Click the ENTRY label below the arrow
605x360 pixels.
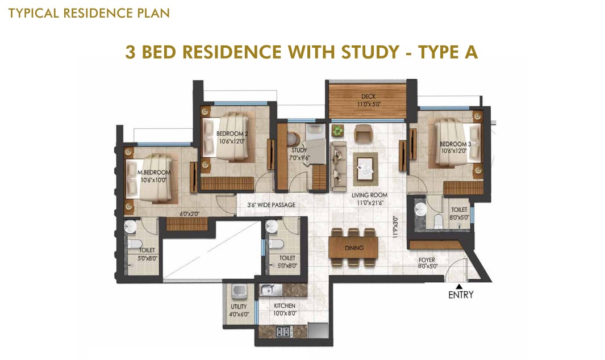[x=461, y=295]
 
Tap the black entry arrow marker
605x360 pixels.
[x=459, y=286]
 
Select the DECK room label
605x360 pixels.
[x=369, y=97]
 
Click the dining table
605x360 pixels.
[x=353, y=248]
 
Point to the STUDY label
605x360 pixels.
[x=299, y=150]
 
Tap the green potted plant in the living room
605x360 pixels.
[x=337, y=131]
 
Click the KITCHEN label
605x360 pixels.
[x=285, y=305]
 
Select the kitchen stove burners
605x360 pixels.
[x=284, y=331]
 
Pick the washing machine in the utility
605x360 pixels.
[x=239, y=291]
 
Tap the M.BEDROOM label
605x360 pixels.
[x=154, y=173]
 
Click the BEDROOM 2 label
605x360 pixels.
[x=232, y=134]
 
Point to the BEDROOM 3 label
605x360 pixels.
[x=455, y=144]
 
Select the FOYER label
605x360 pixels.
[x=427, y=260]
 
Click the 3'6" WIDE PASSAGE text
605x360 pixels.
[x=272, y=205]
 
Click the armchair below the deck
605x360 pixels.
[x=364, y=133]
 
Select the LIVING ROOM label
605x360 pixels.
[x=369, y=195]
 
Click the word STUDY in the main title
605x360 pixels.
[x=370, y=52]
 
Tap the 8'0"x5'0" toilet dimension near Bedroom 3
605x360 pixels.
[x=459, y=217]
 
